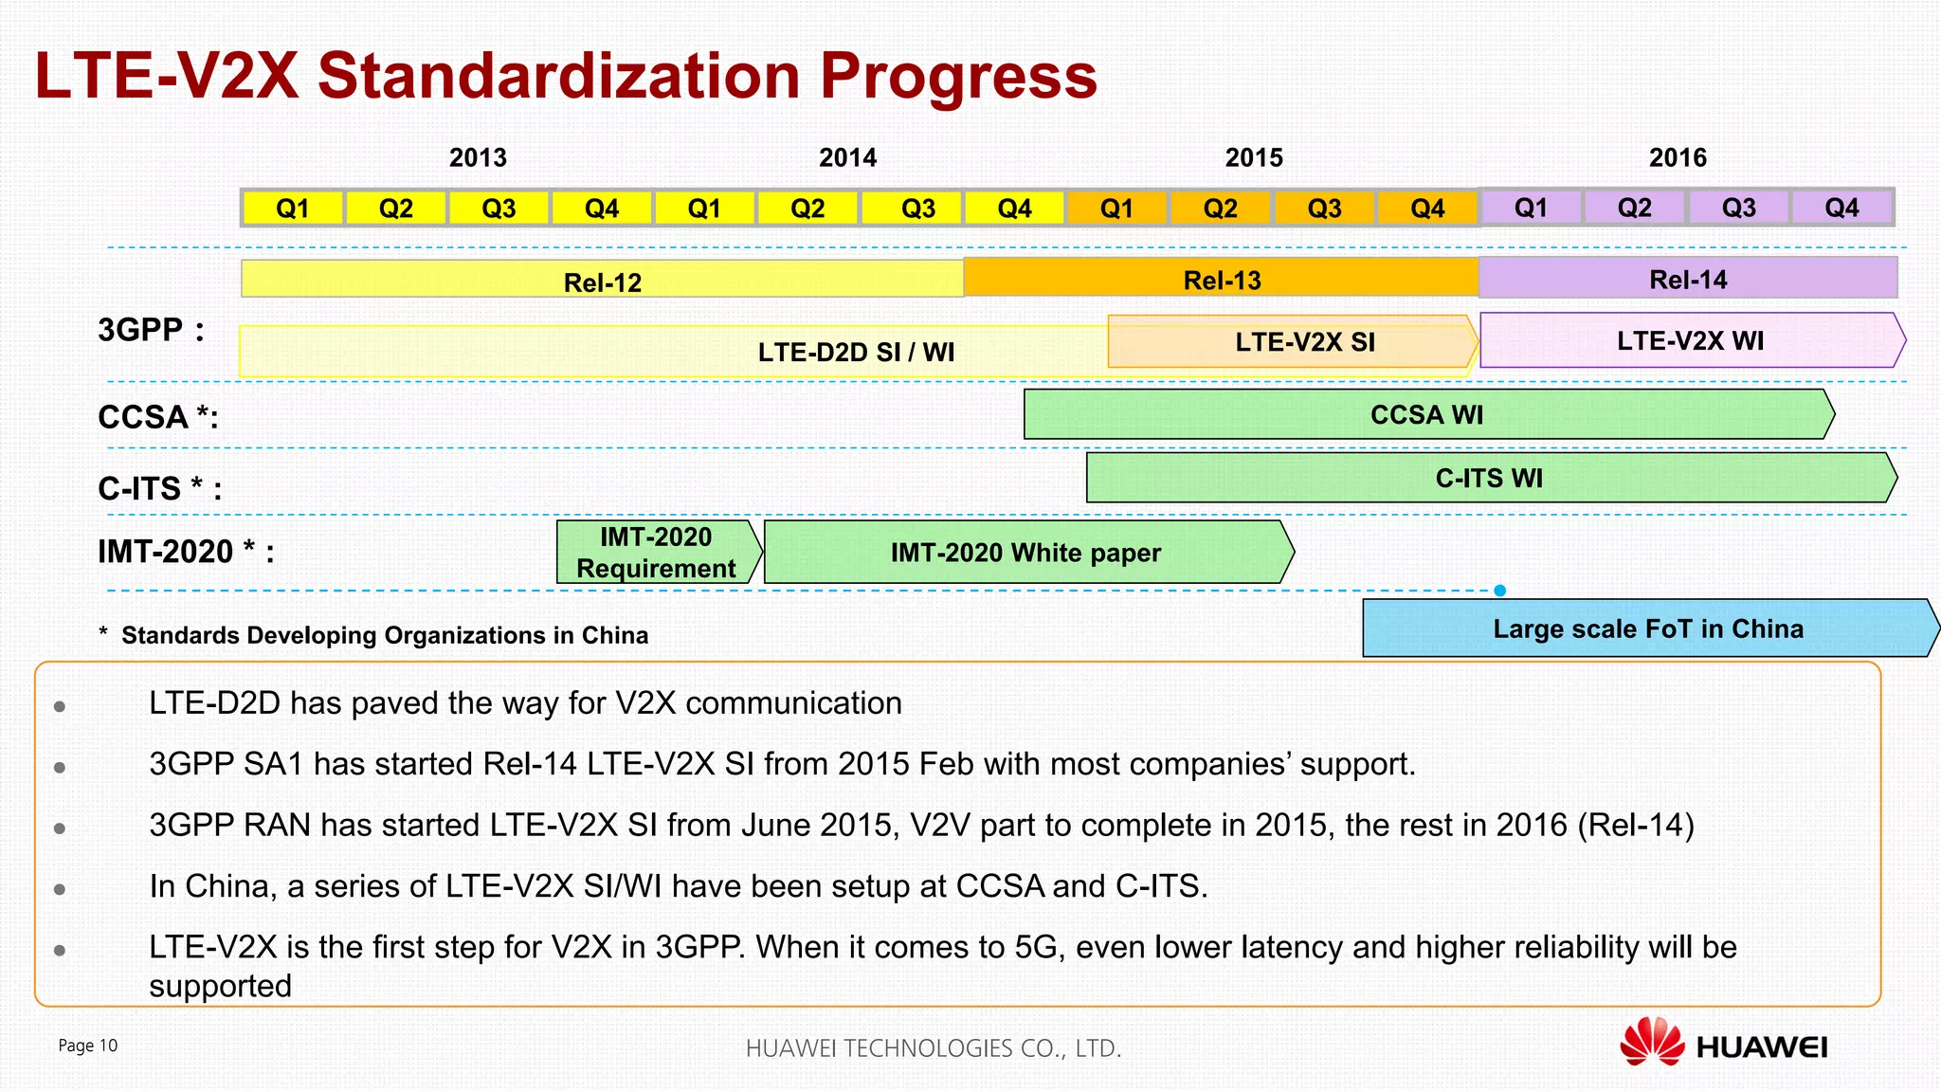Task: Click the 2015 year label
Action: coord(1253,157)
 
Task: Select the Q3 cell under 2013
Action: coord(499,208)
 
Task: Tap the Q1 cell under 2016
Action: coord(1531,208)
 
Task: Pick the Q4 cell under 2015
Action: coord(1427,208)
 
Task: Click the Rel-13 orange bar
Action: coord(1222,279)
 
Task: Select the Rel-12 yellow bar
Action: coord(603,281)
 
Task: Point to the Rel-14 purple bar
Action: coord(1687,279)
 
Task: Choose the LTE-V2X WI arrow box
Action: coord(1690,340)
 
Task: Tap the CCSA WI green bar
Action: coord(1426,414)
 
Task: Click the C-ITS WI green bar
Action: coord(1489,478)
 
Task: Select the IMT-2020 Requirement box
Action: coord(656,552)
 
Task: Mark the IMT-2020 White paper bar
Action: coord(1025,552)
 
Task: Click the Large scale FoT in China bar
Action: coord(1647,628)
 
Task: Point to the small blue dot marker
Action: coord(1500,591)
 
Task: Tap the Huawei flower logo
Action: coord(1651,1042)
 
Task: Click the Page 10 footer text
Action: coord(88,1045)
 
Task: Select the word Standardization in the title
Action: coord(559,76)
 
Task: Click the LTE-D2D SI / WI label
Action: coord(856,352)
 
